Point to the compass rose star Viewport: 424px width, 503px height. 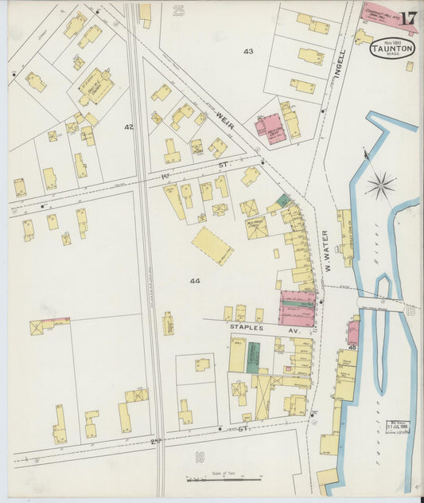(381, 188)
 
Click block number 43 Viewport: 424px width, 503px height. (248, 51)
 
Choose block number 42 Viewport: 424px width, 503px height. (129, 127)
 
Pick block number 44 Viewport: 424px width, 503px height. (195, 281)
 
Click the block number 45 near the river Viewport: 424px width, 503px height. (351, 347)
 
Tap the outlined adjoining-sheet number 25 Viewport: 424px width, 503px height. (178, 10)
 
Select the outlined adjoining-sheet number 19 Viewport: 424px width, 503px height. (200, 456)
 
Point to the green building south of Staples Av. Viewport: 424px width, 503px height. (253, 357)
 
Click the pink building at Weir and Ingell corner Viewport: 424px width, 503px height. (270, 127)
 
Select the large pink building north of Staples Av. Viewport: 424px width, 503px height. (297, 308)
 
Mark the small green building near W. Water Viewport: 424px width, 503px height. (283, 201)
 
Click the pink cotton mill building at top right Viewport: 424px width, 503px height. (387, 14)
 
